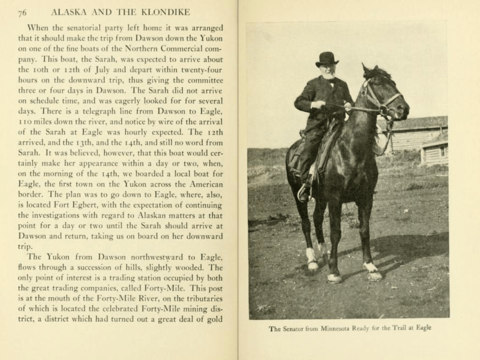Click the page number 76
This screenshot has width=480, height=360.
[x=22, y=13]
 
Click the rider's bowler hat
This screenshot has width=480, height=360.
[x=327, y=59]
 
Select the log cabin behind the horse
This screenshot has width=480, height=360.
[x=418, y=136]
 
